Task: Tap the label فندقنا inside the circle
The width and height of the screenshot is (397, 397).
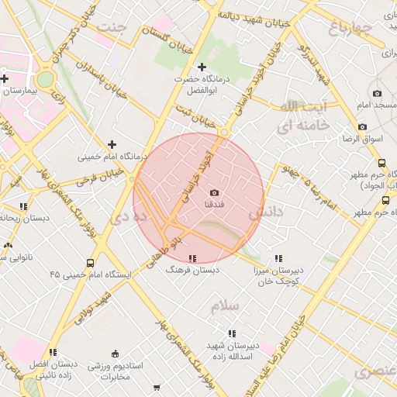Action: [x=214, y=204]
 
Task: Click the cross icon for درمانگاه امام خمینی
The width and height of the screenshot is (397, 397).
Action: [x=112, y=143]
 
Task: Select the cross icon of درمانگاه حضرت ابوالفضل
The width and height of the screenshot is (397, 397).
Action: [x=202, y=67]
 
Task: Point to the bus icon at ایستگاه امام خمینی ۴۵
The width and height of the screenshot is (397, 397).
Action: [x=91, y=263]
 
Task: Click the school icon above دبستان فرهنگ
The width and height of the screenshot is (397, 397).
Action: [x=192, y=258]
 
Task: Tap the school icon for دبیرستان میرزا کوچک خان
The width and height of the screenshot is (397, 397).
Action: [x=278, y=259]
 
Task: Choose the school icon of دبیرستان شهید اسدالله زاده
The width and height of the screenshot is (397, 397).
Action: [x=232, y=333]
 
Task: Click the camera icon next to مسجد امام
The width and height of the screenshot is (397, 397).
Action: [x=377, y=93]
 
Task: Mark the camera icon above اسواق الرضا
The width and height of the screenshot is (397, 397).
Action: [x=362, y=126]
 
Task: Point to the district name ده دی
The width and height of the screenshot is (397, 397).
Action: [x=123, y=219]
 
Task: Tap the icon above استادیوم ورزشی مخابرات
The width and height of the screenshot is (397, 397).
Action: [x=116, y=354]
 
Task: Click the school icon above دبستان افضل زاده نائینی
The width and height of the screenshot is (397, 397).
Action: [x=53, y=353]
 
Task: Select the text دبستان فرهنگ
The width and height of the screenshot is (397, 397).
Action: [x=195, y=270]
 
